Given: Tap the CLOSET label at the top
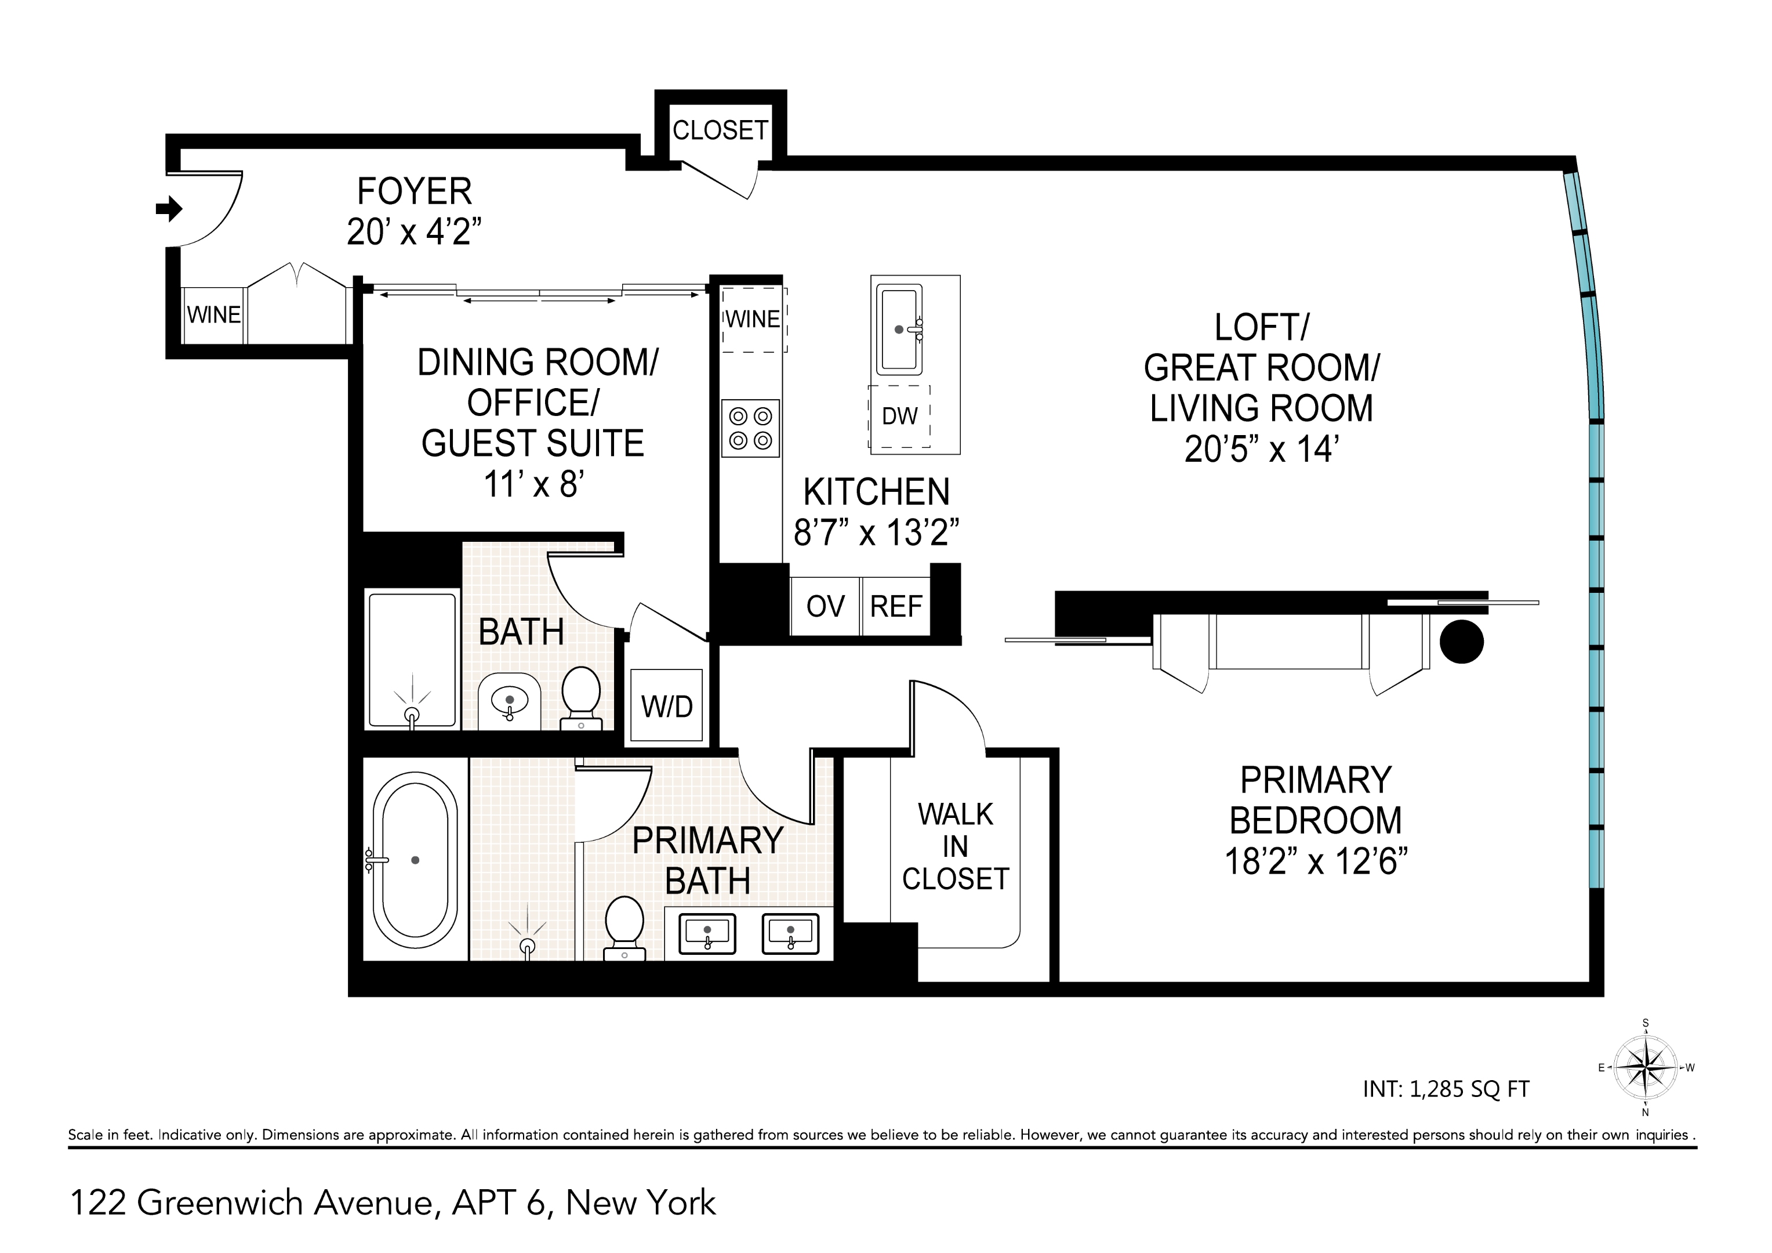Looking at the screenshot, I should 720,131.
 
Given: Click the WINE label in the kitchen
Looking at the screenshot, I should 753,320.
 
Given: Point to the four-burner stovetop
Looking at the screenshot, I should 750,429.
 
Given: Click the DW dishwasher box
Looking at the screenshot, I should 899,417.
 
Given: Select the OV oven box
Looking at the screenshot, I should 825,607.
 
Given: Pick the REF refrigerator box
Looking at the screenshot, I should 895,607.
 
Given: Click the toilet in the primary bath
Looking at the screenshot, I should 624,926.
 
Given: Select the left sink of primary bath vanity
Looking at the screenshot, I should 707,933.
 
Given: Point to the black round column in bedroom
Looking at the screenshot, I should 1461,642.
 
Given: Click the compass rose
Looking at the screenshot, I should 1646,1069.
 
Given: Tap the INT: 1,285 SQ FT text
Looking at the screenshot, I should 1446,1089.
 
